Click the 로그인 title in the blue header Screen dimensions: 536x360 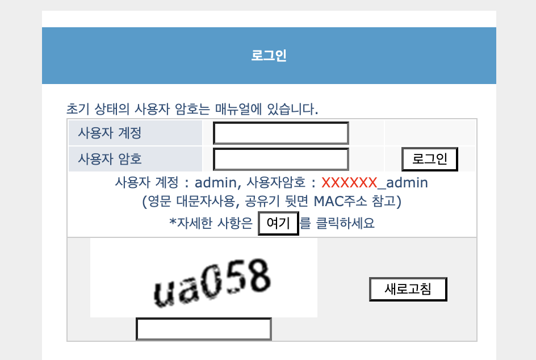tap(269, 56)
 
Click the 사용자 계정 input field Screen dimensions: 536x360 tap(280, 133)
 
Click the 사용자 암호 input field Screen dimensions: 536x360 tap(280, 159)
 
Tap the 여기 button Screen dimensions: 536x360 tap(278, 223)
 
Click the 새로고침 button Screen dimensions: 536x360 tap(408, 289)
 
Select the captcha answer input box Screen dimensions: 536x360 tap(203, 329)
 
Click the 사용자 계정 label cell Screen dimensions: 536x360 tap(110, 133)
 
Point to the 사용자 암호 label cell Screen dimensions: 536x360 tap(110, 159)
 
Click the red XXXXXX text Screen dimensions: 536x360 tap(349, 183)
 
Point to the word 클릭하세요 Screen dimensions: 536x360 tap(337, 223)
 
